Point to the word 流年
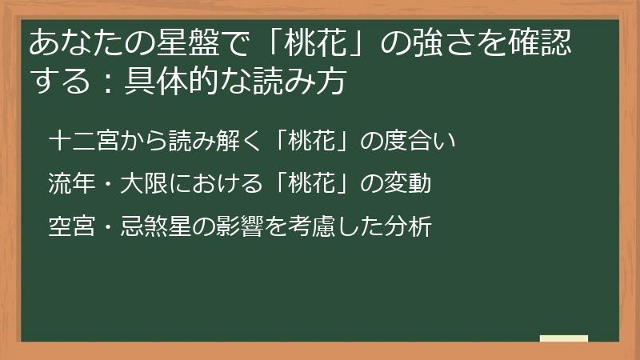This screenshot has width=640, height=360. [64, 185]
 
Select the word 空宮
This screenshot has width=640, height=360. [64, 227]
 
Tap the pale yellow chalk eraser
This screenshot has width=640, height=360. [564, 338]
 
